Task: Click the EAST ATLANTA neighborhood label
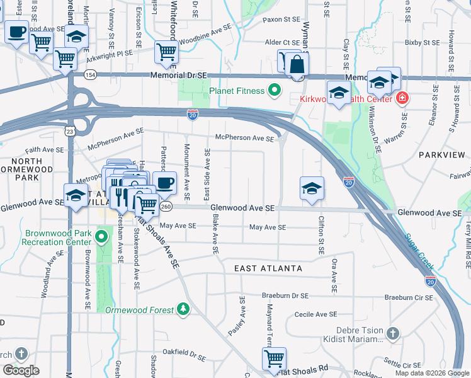coord(268,269)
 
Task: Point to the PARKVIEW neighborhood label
coord(441,154)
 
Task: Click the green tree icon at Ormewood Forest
coord(183,309)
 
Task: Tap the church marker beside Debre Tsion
coord(392,332)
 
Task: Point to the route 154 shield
coord(91,75)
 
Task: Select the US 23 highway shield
coord(69,130)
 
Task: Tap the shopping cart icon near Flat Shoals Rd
coord(274,358)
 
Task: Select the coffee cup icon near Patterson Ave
coord(164,183)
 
